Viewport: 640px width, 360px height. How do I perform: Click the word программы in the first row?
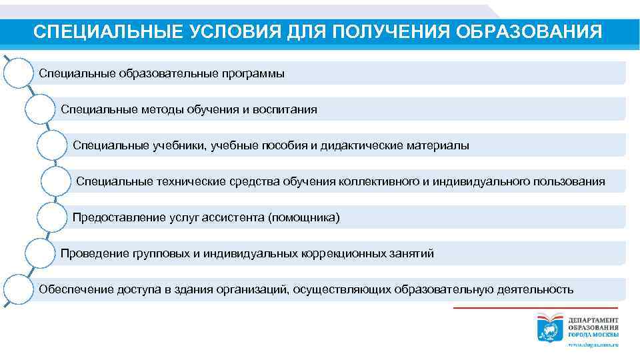253,73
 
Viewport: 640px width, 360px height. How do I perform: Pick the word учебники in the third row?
180,145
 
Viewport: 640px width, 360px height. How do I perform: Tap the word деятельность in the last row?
535,289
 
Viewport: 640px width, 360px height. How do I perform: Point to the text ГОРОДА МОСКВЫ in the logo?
593,334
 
